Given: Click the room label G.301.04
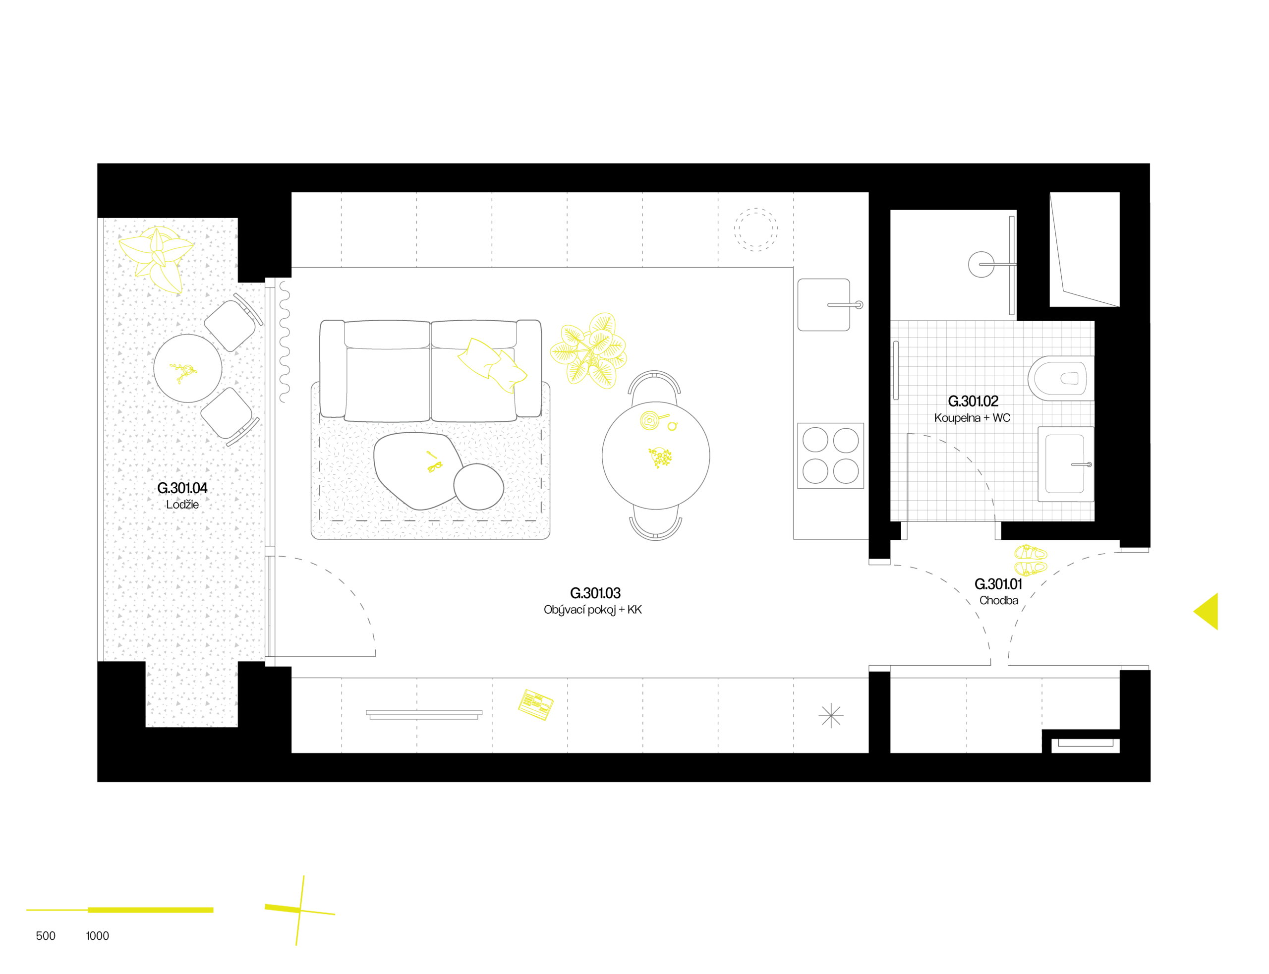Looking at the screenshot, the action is pyautogui.click(x=182, y=488).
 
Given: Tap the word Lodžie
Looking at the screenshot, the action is pyautogui.click(x=182, y=505).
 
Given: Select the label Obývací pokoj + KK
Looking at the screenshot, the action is pyautogui.click(x=592, y=610).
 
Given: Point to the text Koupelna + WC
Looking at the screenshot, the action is pyautogui.click(x=972, y=417).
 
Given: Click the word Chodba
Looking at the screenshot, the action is pyautogui.click(x=998, y=600).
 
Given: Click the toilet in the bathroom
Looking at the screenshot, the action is pyautogui.click(x=1060, y=378).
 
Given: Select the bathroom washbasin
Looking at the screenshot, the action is pyautogui.click(x=1066, y=464).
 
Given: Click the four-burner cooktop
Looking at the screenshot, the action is pyautogui.click(x=830, y=456).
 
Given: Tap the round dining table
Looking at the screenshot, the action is pyautogui.click(x=656, y=456).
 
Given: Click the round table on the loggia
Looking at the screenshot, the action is pyautogui.click(x=188, y=368).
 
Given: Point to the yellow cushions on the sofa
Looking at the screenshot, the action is pyautogui.click(x=492, y=365).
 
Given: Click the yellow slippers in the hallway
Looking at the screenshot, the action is pyautogui.click(x=1030, y=560).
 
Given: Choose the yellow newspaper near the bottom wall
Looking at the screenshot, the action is pyautogui.click(x=535, y=704).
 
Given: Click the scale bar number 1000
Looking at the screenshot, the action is pyautogui.click(x=97, y=936).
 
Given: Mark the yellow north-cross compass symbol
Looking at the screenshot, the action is pyautogui.click(x=300, y=910).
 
